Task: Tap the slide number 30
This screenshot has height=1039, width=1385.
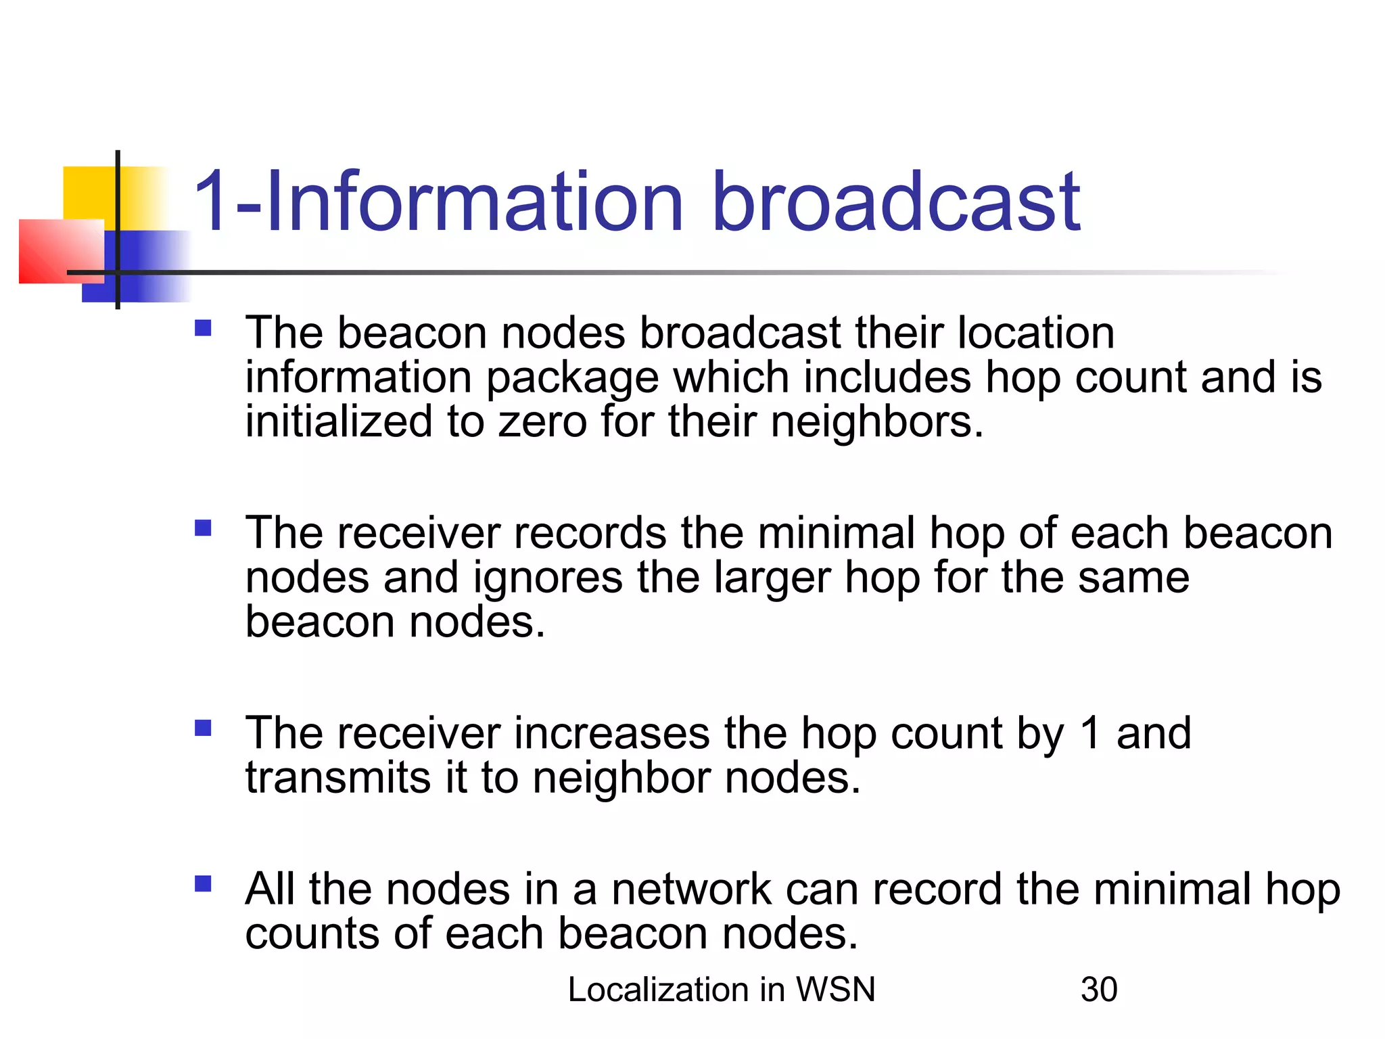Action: coord(1099,990)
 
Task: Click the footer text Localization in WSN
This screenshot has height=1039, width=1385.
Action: coord(722,990)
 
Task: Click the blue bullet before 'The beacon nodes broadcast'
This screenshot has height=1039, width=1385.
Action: coord(203,329)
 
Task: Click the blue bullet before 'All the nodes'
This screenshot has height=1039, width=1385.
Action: coord(203,884)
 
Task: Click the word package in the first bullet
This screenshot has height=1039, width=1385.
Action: coord(572,378)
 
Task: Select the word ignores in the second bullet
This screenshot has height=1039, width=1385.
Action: coord(547,578)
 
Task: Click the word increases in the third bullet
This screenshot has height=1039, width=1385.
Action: coord(611,733)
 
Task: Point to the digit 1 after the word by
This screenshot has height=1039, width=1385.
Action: coord(1089,733)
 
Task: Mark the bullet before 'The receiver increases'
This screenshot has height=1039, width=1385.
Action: coord(203,728)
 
